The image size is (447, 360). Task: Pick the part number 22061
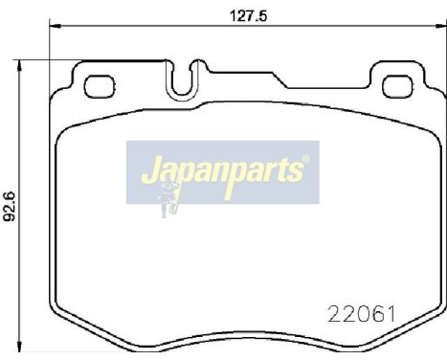363,312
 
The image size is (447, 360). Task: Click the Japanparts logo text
224,173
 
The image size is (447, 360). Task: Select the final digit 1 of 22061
391,312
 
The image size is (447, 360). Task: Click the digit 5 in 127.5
262,14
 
